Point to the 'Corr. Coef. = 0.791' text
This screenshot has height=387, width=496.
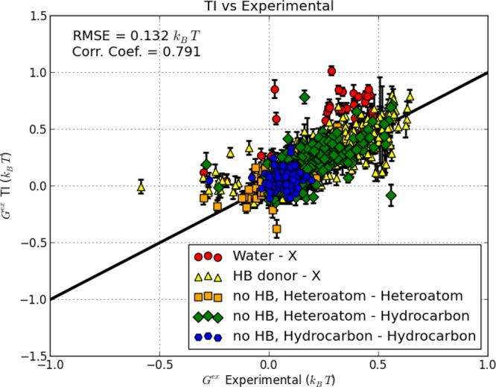pyautogui.click(x=136, y=52)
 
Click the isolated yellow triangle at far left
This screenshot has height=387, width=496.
pyautogui.click(x=141, y=187)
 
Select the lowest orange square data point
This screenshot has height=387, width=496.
pyautogui.click(x=277, y=229)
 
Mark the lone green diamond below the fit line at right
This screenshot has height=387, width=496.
pyautogui.click(x=391, y=196)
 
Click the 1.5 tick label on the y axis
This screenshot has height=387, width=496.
pyautogui.click(x=34, y=16)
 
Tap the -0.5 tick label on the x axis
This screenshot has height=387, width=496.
pyautogui.click(x=159, y=367)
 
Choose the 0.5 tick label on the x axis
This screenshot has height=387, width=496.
pyautogui.click(x=378, y=367)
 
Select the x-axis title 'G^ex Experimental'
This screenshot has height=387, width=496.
pyautogui.click(x=269, y=380)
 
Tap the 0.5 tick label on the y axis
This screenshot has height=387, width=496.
pyautogui.click(x=34, y=129)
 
